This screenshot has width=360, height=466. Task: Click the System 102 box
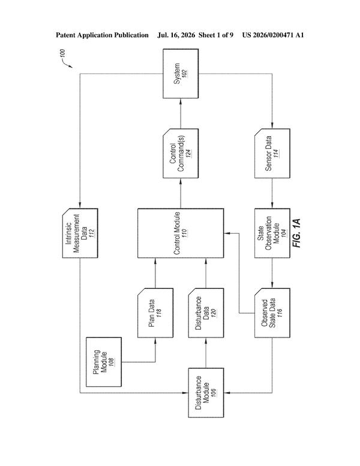click(181, 74)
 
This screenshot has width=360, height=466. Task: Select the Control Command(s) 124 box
click(181, 153)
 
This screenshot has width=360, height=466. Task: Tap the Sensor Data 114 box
click(272, 153)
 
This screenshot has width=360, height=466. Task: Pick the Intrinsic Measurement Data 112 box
click(80, 233)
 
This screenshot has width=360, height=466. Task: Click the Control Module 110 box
click(181, 233)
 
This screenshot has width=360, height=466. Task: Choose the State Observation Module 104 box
click(272, 233)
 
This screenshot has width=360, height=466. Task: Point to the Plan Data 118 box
click(155, 313)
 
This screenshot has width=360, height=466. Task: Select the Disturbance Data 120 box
click(206, 313)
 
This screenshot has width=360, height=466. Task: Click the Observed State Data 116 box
click(272, 313)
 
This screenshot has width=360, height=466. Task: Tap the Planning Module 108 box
click(104, 362)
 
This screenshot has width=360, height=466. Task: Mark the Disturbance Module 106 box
click(206, 393)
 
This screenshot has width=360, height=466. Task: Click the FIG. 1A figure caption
click(296, 233)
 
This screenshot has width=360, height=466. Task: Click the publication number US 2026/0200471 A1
click(273, 35)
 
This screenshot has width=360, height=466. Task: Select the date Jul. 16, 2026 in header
click(176, 35)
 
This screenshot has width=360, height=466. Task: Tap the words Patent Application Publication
click(102, 35)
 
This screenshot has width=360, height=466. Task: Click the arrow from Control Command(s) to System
click(181, 113)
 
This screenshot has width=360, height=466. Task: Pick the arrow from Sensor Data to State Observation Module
click(272, 193)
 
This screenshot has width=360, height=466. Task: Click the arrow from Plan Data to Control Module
click(155, 273)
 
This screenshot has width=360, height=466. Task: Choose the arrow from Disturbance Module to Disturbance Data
click(206, 353)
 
